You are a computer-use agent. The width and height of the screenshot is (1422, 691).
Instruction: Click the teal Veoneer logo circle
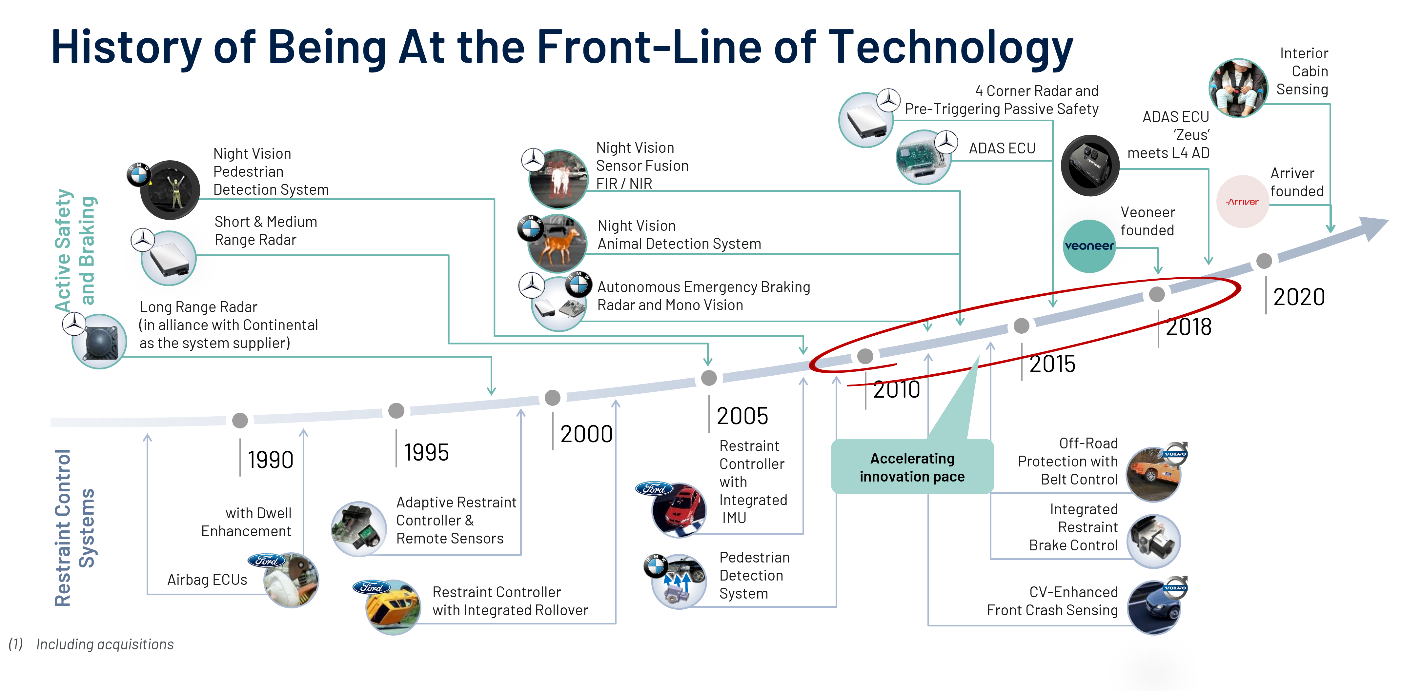point(1089,246)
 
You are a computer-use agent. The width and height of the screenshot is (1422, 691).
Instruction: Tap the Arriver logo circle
point(1243,202)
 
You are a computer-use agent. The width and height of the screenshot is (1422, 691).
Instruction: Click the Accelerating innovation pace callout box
point(912,467)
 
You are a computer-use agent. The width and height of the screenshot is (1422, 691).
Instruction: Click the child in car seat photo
point(1238,88)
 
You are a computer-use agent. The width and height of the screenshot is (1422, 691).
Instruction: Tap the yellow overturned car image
point(393,607)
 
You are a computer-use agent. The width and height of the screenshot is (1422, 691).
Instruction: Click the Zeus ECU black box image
point(1090,166)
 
